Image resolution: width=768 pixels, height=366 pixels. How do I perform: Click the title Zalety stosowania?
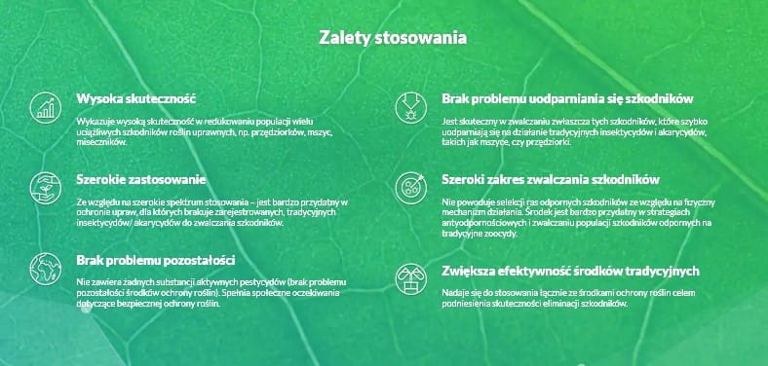tap(393, 38)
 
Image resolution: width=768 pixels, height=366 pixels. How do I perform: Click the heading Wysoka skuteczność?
tap(135, 99)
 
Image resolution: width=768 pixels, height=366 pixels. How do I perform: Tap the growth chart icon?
tap(46, 108)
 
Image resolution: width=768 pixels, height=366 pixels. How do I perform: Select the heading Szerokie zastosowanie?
tap(140, 179)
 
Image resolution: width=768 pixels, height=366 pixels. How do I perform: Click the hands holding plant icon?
tap(46, 188)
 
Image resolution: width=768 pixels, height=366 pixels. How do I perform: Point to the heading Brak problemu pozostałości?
tap(155, 260)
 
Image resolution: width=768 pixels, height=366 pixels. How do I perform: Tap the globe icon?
tap(46, 269)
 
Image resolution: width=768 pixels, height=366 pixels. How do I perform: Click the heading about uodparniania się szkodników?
tap(567, 99)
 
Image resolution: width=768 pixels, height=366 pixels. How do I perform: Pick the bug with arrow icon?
tap(411, 108)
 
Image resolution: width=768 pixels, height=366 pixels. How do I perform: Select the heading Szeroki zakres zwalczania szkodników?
tap(551, 179)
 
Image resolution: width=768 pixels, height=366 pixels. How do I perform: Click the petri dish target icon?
tap(411, 188)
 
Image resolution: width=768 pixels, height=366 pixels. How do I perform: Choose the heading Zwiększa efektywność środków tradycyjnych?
tap(570, 271)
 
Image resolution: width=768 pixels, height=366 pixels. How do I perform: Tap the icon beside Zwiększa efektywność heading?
tap(411, 279)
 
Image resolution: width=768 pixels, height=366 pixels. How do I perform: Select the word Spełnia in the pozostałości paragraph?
tap(233, 293)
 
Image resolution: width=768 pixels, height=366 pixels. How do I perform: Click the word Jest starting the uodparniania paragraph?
tap(448, 121)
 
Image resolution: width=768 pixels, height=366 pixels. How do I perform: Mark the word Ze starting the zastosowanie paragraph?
tap(81, 201)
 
